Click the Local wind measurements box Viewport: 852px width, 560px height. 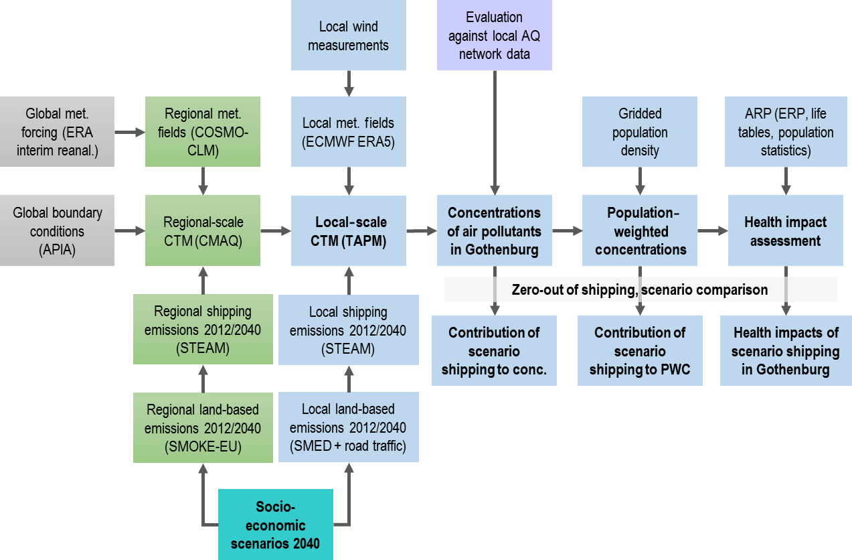[x=348, y=36]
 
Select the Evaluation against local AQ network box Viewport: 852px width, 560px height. [x=494, y=36]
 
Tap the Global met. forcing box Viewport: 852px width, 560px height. [x=57, y=132]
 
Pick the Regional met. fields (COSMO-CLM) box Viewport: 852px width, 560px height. [x=203, y=132]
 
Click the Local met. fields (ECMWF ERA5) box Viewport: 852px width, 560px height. [x=348, y=132]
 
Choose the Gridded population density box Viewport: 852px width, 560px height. [x=640, y=132]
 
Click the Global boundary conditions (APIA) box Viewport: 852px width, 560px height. [x=57, y=231]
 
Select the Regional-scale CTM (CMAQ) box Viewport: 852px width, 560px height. [x=203, y=231]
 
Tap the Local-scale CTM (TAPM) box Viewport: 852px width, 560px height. [x=348, y=231]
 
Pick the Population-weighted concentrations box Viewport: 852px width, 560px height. [x=640, y=231]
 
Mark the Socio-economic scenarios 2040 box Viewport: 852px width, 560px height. [x=275, y=524]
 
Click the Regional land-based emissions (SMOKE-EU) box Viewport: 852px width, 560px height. [x=203, y=427]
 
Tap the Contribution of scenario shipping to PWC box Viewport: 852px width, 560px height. [x=640, y=352]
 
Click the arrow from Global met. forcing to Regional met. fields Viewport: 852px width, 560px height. [x=130, y=133]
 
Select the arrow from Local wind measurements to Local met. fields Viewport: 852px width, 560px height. [x=348, y=83]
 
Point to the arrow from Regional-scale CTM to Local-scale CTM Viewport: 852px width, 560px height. [x=275, y=231]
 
